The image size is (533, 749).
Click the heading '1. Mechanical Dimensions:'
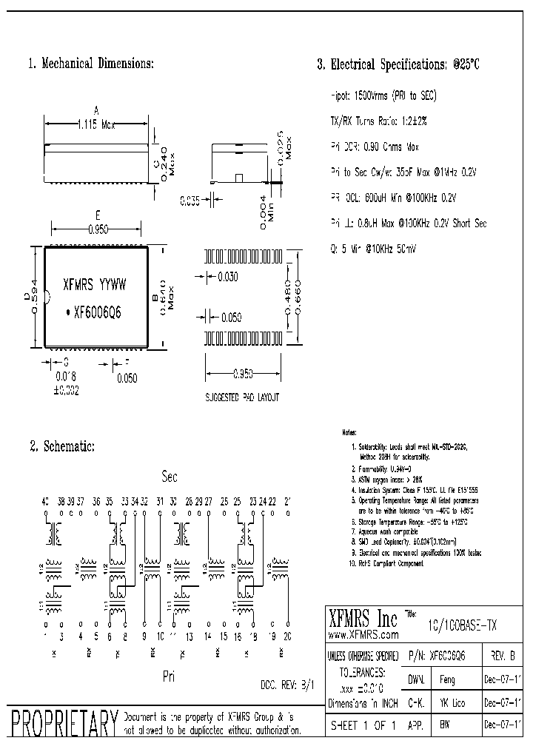[90, 64]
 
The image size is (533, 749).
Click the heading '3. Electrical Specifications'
[398, 64]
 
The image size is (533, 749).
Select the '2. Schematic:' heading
[62, 446]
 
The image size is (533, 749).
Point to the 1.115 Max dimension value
[96, 126]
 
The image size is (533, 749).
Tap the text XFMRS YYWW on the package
[95, 283]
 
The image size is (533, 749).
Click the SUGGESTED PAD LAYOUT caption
[242, 397]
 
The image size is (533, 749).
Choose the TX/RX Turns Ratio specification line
[378, 121]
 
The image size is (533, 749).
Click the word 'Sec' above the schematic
[170, 477]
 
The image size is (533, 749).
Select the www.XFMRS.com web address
[363, 634]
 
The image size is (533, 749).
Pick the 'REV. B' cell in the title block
[502, 656]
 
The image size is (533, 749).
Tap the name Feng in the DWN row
[448, 679]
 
